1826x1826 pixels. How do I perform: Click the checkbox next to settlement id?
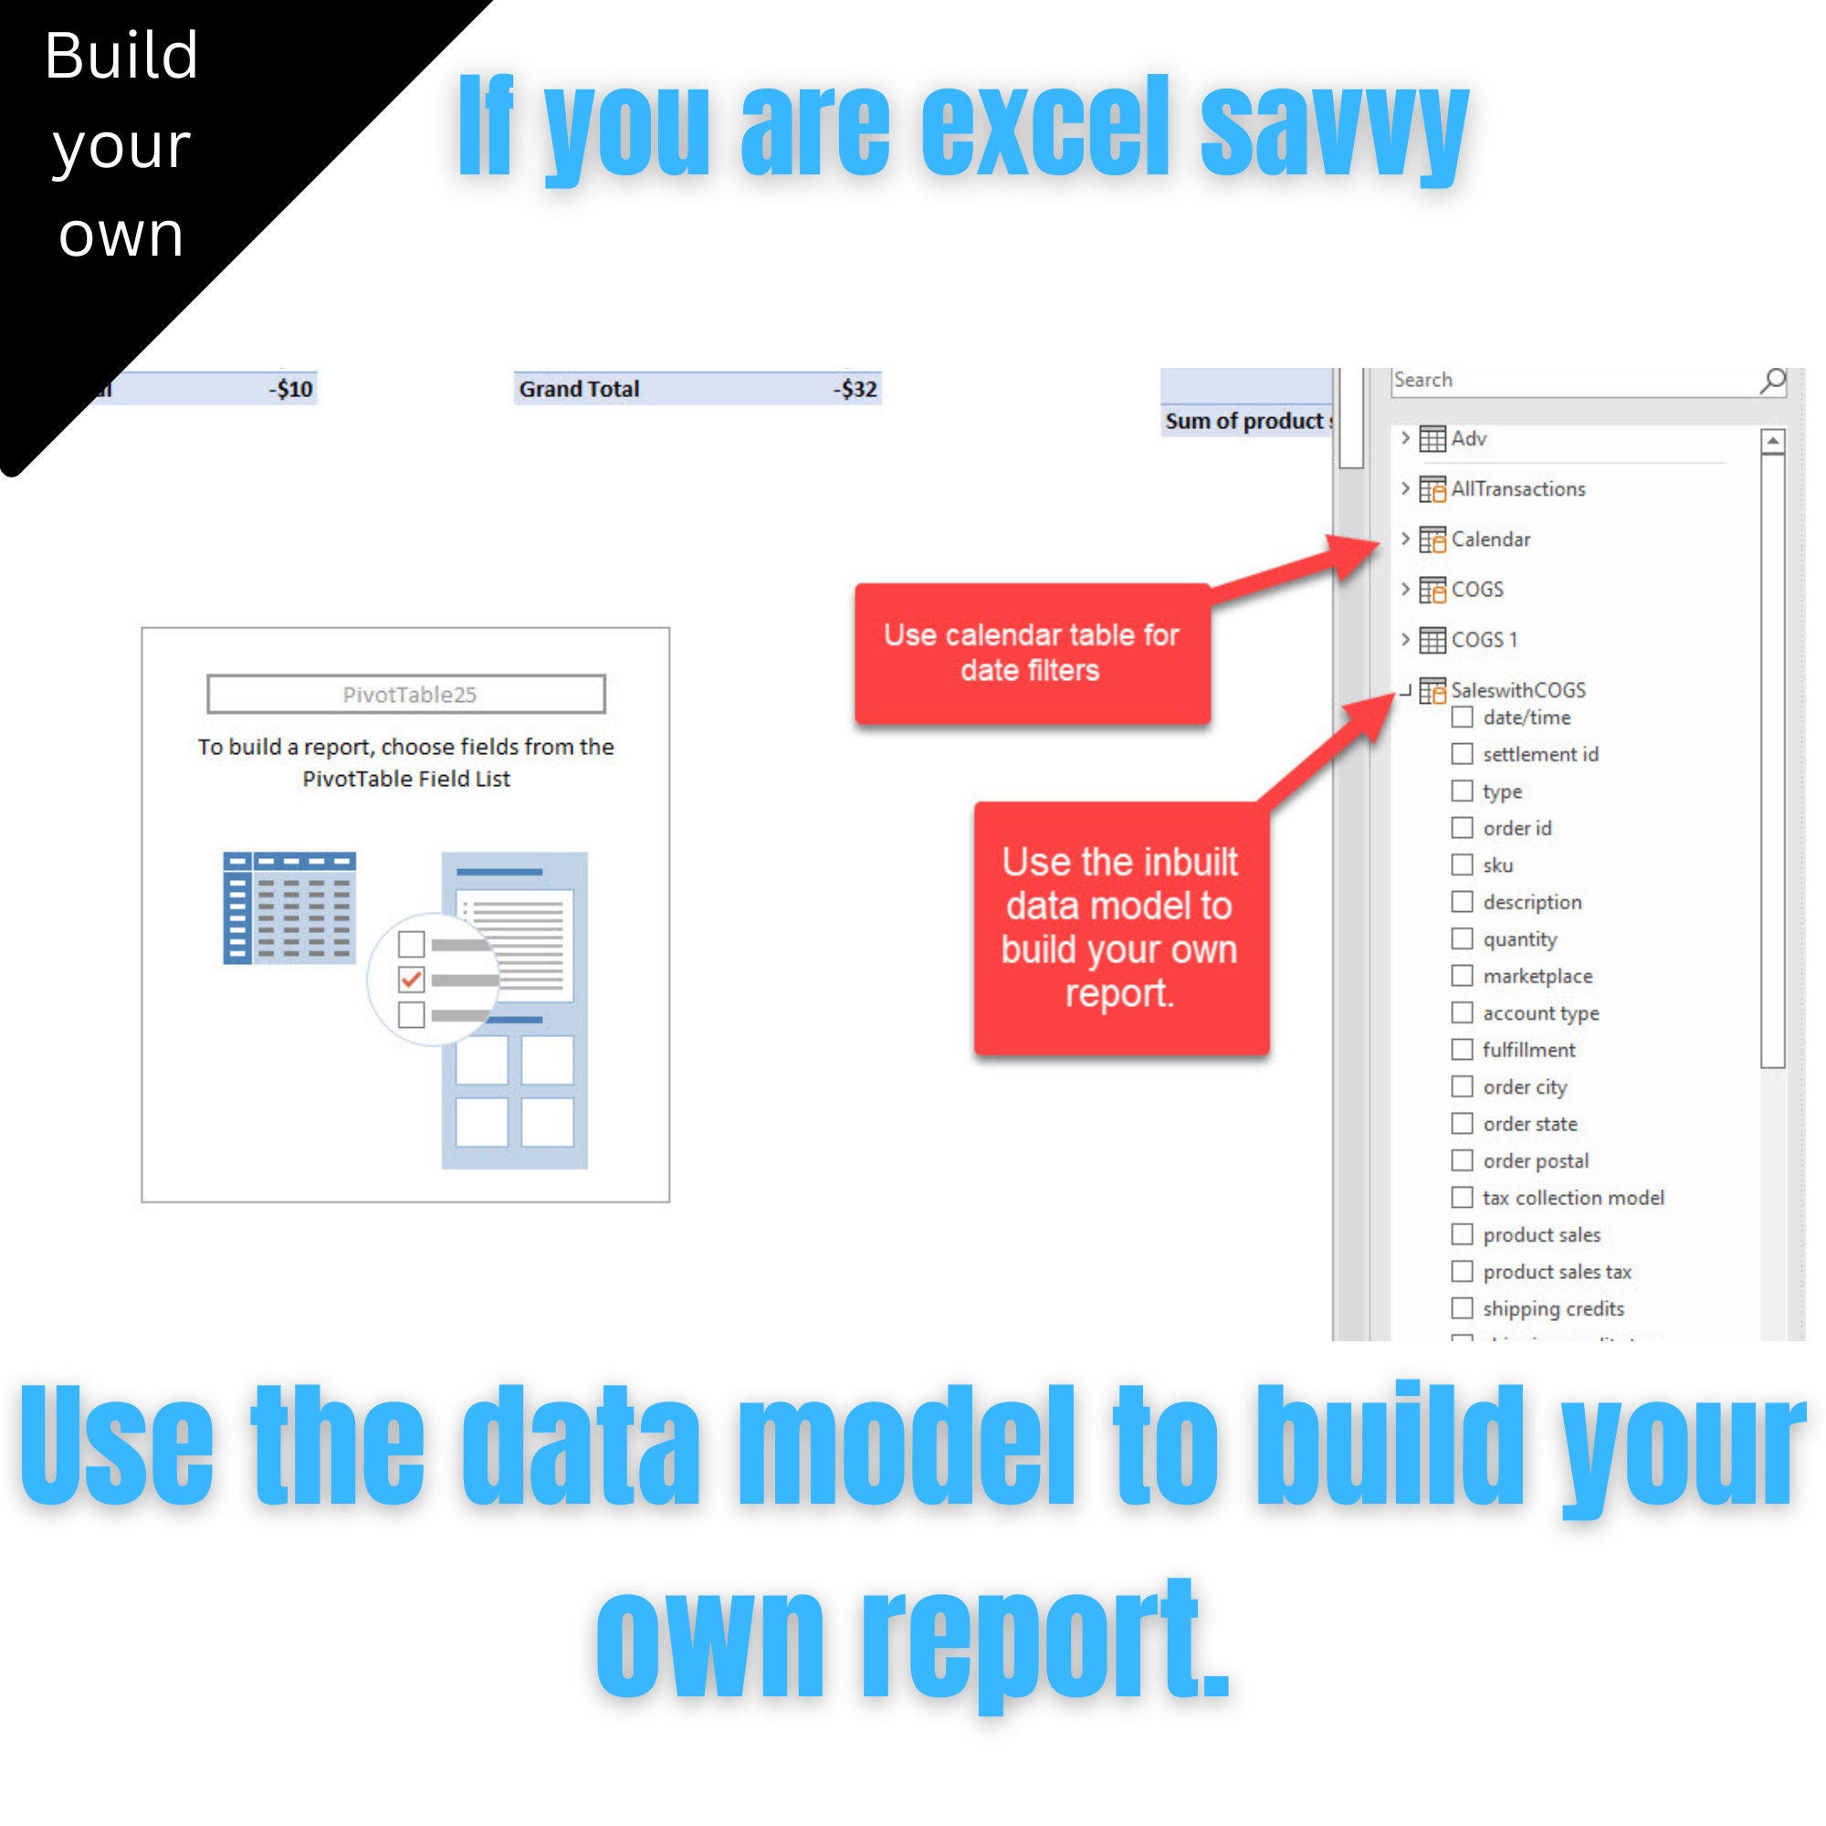coord(1461,753)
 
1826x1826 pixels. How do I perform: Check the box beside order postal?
coord(1461,1160)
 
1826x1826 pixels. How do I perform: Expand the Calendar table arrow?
coord(1405,539)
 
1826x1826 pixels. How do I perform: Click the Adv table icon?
coord(1432,438)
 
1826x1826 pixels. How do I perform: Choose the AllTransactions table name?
coord(1518,488)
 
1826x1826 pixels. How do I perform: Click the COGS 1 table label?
coord(1484,639)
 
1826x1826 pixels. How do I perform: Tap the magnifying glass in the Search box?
coord(1772,380)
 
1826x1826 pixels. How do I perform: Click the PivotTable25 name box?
coord(406,694)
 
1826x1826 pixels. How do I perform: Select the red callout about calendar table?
coord(1031,652)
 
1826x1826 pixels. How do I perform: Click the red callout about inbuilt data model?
coord(1120,928)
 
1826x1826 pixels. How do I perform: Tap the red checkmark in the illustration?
coord(411,979)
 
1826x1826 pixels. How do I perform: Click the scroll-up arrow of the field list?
coord(1773,440)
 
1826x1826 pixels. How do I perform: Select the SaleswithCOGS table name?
coord(1518,690)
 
